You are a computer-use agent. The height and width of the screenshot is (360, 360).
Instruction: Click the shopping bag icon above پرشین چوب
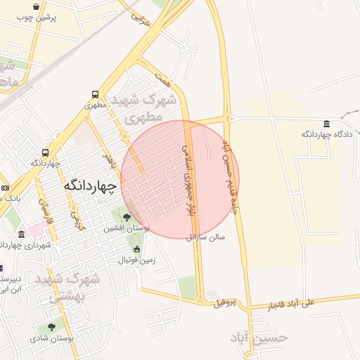tap(37, 6)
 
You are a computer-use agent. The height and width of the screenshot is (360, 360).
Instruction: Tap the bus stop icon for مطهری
tap(95, 94)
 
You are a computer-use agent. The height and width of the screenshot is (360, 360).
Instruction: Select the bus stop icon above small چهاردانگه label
tap(46, 153)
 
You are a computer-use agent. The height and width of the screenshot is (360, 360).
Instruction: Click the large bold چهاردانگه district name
tap(89, 185)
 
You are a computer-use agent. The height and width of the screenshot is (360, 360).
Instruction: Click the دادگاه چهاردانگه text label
tap(326, 134)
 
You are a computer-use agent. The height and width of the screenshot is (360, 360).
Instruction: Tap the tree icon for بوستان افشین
tap(126, 218)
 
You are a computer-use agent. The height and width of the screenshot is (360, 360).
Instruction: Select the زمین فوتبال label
tap(135, 260)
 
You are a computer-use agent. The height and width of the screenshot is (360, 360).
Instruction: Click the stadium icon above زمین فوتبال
tap(136, 250)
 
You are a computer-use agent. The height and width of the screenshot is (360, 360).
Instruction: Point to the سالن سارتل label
tap(206, 238)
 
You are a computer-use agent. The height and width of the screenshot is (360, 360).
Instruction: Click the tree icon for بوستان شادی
tap(51, 328)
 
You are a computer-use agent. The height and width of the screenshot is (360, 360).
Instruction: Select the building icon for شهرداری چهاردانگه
tap(34, 231)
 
